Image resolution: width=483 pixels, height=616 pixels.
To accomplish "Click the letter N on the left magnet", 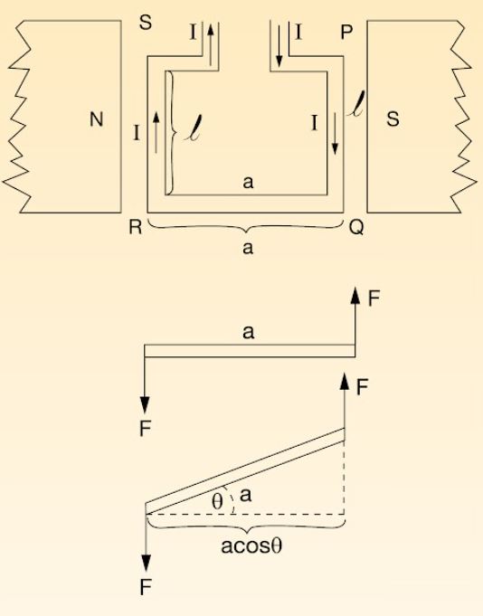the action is tap(97, 119).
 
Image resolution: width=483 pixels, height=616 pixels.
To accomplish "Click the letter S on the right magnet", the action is tap(393, 119).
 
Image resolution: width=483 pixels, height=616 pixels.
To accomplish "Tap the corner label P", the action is tap(346, 33).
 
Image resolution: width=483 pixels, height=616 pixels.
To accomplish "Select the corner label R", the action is tap(136, 227).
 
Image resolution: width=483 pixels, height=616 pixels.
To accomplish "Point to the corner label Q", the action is tap(356, 227).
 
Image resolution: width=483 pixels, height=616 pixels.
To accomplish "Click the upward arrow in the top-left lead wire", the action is tap(211, 44).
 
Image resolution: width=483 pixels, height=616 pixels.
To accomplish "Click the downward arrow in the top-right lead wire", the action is tap(279, 44).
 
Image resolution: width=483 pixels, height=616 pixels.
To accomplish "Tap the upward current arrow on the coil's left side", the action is tap(156, 132).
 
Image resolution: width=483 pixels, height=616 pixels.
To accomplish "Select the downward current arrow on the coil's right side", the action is tap(335, 133).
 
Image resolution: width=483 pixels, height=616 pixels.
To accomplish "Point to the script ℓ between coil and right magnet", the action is tap(356, 104).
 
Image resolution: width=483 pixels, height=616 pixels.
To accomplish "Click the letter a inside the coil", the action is tap(248, 183).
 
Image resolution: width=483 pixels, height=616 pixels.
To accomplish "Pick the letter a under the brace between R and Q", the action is tap(248, 248).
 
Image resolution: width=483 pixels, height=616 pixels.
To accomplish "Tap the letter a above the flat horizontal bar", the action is tap(248, 332).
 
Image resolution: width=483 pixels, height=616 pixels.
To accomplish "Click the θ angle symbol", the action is tap(217, 501).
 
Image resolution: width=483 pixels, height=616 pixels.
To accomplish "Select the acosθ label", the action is tap(251, 545).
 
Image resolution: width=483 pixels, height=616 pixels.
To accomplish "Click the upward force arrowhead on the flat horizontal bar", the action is tap(355, 295).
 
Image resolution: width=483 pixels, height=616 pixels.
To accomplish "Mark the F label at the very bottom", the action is tap(146, 588).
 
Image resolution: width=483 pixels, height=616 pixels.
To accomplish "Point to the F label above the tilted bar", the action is tap(362, 388).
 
